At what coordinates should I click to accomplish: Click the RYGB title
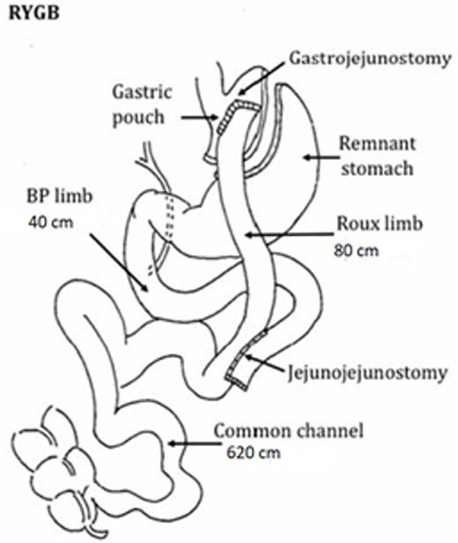pyautogui.click(x=27, y=15)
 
